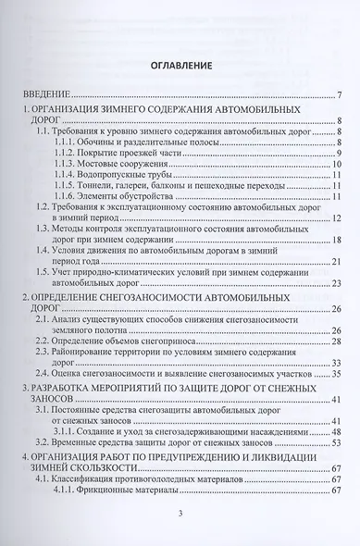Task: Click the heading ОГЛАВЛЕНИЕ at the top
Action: coord(180,67)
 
